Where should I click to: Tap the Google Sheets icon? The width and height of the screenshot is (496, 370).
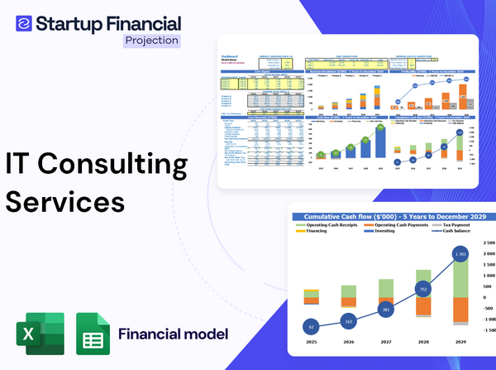coord(93,334)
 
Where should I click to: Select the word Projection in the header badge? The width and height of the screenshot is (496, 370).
coord(150,40)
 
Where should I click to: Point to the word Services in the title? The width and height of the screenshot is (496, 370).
coord(65,202)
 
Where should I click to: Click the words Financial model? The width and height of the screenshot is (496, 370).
coord(173,334)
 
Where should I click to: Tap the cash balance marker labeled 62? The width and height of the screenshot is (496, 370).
coord(310,326)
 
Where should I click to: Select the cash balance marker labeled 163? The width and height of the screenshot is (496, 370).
coord(348,322)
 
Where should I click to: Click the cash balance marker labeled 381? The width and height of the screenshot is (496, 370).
coord(385,310)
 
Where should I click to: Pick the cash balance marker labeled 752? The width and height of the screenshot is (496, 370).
coord(422,290)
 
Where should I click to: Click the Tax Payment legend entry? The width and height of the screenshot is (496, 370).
coord(458,224)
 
